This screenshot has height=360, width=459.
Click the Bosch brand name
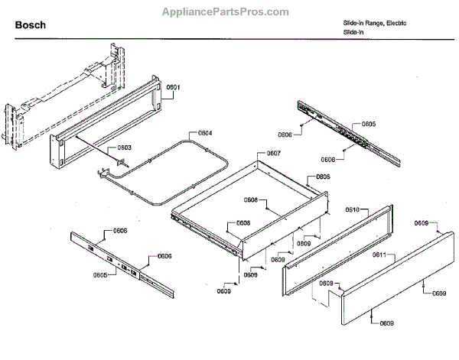(x=31, y=25)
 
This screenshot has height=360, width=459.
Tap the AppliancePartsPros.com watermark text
(x=226, y=12)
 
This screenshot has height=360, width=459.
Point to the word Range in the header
(x=369, y=23)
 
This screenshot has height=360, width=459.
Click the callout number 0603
(x=124, y=148)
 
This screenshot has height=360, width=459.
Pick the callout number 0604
(x=204, y=133)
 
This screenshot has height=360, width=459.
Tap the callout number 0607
(x=273, y=153)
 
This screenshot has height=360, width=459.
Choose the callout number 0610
(x=353, y=209)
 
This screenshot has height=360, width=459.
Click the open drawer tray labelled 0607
(x=252, y=206)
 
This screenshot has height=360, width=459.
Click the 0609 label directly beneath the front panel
(x=387, y=323)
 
